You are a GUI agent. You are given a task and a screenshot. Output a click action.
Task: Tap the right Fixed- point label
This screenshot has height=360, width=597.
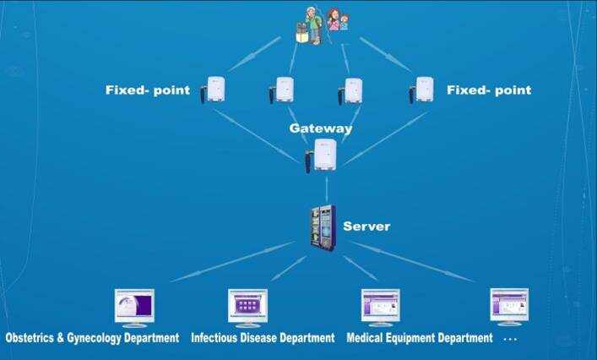coord(489,90)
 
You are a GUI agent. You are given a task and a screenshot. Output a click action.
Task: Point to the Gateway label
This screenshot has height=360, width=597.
coord(320,128)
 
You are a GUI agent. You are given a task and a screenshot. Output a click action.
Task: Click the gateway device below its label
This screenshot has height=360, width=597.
coord(323,156)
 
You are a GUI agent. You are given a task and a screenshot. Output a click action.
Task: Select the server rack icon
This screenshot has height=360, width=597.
coord(322,226)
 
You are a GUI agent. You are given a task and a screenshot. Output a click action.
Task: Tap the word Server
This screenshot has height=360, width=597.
coord(366,226)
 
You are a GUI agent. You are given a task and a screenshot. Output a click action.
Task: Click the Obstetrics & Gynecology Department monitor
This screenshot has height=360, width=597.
coord(134,306)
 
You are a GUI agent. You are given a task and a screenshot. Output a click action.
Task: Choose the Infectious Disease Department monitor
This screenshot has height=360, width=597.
coord(247,306)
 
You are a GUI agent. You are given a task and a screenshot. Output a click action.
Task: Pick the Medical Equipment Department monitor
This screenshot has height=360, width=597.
coord(380,306)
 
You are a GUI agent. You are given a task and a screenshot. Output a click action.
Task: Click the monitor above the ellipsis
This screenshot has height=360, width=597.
coord(509,306)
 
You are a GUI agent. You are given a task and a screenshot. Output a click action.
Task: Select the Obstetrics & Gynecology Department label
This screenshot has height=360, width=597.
coord(92,338)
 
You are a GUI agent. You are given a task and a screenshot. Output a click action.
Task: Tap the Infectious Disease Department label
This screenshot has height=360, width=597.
coord(263,338)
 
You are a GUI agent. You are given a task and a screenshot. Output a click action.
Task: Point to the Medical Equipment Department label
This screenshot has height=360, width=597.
coord(420,338)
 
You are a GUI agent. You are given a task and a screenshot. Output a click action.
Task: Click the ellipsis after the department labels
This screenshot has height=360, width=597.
coord(510,339)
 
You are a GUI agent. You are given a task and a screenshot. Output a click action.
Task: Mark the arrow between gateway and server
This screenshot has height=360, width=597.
coord(327,188)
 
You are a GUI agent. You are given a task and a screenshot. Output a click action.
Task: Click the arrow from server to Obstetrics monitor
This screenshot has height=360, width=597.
coord(231,262)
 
